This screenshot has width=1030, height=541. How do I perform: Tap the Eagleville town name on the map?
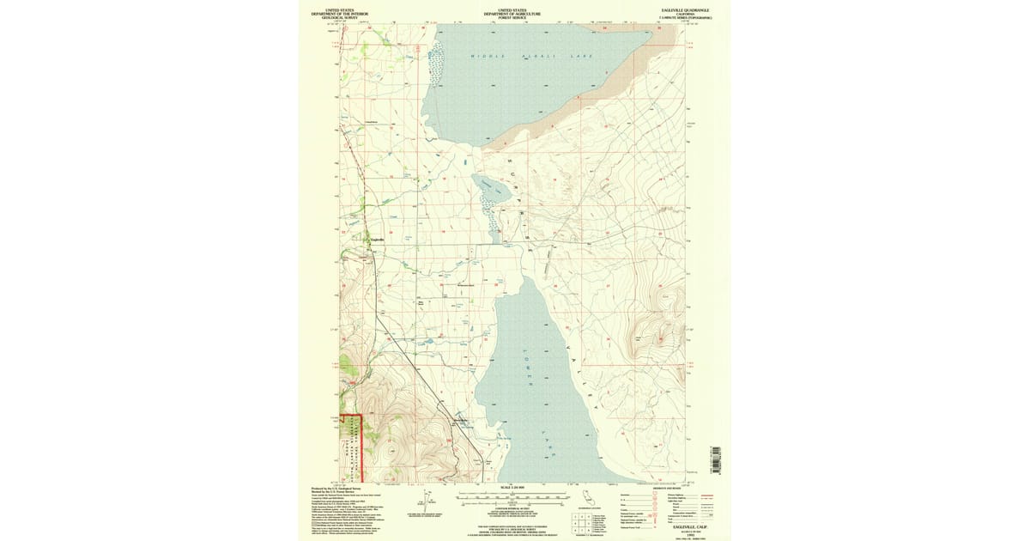[375, 240]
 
